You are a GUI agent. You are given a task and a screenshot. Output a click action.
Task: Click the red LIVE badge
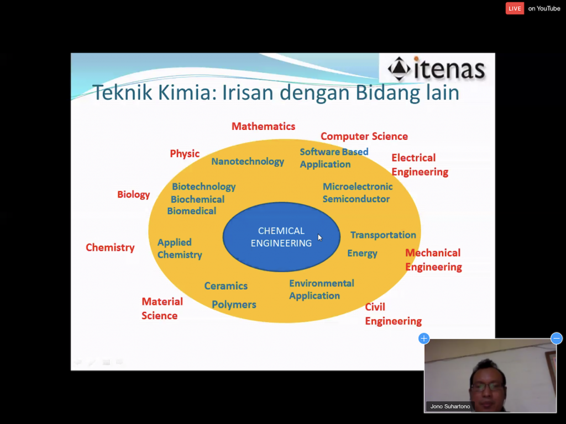[x=515, y=8]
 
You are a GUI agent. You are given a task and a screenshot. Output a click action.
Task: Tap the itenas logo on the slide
[x=436, y=68]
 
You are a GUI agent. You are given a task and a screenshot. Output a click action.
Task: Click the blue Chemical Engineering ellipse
[x=281, y=237]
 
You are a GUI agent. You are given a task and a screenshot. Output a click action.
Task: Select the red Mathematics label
[x=263, y=126]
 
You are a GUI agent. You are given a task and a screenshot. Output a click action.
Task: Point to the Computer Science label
[x=364, y=136]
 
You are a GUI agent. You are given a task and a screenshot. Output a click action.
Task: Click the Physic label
[x=185, y=153]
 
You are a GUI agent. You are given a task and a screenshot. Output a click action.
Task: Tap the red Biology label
[x=134, y=194]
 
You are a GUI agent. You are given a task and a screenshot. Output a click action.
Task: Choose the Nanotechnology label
[x=248, y=162]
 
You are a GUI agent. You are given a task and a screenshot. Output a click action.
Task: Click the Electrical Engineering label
[x=420, y=165]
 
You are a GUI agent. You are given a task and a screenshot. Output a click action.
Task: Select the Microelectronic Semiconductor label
[x=358, y=193]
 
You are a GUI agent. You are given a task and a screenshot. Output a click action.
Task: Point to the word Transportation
[x=383, y=235]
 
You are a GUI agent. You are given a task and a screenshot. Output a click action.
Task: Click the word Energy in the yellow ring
[x=362, y=253]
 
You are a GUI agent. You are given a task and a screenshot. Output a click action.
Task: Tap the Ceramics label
[x=226, y=286]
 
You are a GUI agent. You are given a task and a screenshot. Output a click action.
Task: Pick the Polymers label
[x=234, y=305]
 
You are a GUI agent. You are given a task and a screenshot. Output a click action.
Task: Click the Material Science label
[x=162, y=309]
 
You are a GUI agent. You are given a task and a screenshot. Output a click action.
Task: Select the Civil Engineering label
[x=393, y=314]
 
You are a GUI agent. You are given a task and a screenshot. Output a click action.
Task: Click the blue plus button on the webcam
[x=424, y=338]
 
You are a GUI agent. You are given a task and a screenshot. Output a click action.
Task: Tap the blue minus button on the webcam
[x=557, y=338]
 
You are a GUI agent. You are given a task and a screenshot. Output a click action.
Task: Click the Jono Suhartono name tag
[x=450, y=406]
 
